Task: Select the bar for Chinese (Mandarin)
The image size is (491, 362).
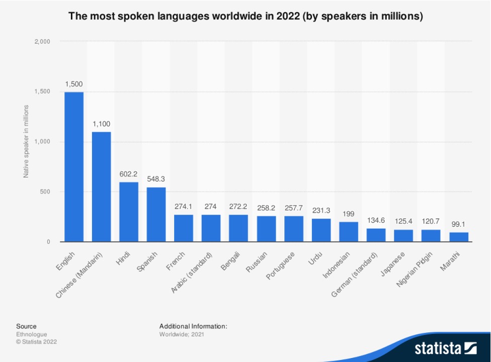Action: point(101,187)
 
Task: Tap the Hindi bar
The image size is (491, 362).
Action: point(129,212)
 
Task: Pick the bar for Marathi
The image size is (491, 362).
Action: point(459,237)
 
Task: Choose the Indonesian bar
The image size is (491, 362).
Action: point(349,232)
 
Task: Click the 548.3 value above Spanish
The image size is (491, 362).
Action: point(156,178)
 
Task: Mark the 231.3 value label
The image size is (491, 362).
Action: point(321,210)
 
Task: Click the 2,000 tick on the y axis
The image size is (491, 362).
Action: point(42,42)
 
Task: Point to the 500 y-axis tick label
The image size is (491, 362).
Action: point(45,192)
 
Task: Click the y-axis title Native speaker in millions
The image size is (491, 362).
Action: point(26,141)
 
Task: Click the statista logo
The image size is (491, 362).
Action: point(445,348)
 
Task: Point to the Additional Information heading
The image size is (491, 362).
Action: point(193,326)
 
